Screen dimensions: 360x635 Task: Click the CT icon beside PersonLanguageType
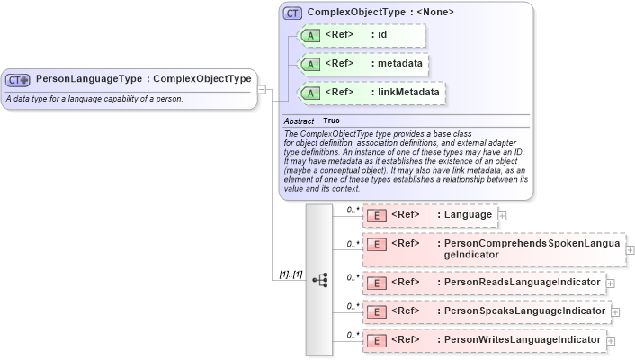tap(18, 79)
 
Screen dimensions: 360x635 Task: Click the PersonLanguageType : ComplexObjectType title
tap(144, 79)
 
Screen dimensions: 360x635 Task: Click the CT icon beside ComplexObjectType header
tap(292, 13)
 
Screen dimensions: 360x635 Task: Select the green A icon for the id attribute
tap(311, 36)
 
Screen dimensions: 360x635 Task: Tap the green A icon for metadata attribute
tap(311, 65)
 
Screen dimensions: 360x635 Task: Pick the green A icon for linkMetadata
tap(311, 93)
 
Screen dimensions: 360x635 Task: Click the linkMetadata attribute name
tap(410, 93)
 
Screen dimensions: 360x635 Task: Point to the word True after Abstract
tap(331, 121)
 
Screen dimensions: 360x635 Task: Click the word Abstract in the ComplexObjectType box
tap(299, 121)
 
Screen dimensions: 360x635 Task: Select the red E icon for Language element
tap(378, 216)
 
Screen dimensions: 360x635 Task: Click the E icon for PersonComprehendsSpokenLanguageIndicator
tap(378, 244)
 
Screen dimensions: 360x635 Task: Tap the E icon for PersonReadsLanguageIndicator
tap(378, 283)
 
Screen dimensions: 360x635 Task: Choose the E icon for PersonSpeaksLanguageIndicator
tap(378, 312)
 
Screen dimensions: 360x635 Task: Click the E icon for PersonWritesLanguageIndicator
tap(378, 341)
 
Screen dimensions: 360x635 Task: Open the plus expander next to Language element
tap(502, 216)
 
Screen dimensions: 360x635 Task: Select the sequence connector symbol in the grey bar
tap(319, 280)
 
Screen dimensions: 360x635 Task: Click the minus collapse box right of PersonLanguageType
tap(261, 88)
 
